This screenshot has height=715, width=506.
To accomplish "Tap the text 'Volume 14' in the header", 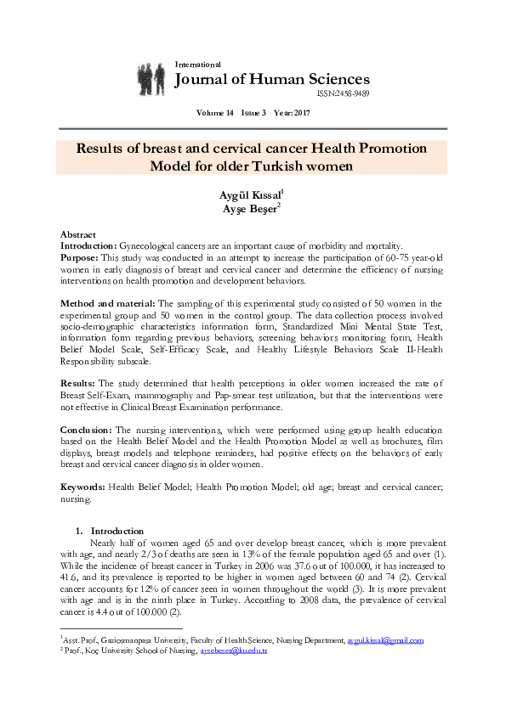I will coord(214,113).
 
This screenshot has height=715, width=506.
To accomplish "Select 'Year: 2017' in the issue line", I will coord(293,113).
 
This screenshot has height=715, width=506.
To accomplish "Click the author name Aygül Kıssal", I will coord(250,195).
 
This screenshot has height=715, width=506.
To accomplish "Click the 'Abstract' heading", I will coord(77,234).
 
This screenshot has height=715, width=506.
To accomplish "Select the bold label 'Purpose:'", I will coord(79,256).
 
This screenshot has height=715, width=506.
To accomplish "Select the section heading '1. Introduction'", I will coord(111,531).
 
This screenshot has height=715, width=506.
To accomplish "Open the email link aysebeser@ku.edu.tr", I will coord(233,650).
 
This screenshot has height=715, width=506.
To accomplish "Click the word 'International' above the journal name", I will coord(197,65).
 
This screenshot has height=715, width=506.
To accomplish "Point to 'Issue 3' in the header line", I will coord(253,113).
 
